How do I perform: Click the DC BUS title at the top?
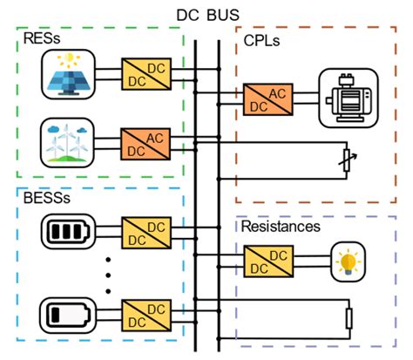pos(206,12)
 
